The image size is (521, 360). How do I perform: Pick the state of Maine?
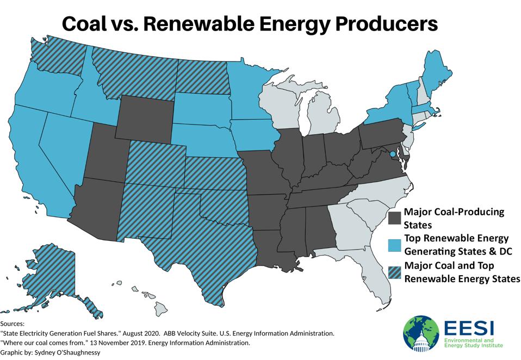click(432, 76)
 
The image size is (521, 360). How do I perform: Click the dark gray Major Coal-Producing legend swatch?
click(395, 218)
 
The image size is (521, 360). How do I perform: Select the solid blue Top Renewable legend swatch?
click(395, 244)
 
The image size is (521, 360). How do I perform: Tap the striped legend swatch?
click(395, 272)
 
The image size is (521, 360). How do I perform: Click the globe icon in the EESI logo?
click(420, 333)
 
